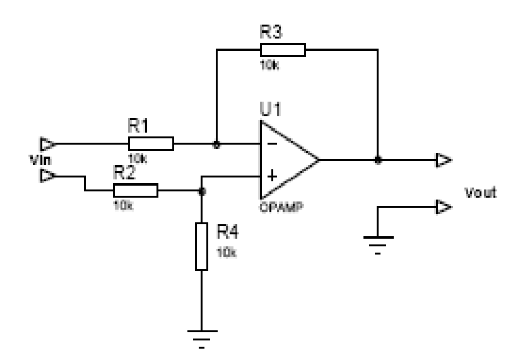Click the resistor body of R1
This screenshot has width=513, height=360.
click(151, 144)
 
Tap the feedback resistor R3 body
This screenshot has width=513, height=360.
click(283, 51)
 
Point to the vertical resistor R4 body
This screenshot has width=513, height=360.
click(201, 246)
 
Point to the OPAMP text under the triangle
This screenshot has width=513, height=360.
click(277, 207)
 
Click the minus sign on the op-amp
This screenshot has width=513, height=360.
click(271, 144)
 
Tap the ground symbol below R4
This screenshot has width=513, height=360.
click(201, 336)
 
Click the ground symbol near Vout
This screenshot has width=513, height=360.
click(377, 241)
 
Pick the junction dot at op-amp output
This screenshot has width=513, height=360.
click(377, 160)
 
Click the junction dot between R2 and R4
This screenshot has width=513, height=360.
click(201, 190)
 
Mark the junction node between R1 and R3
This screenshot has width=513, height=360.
click(216, 144)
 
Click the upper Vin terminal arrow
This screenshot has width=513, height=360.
click(46, 143)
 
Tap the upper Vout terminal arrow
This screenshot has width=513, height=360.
click(445, 160)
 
